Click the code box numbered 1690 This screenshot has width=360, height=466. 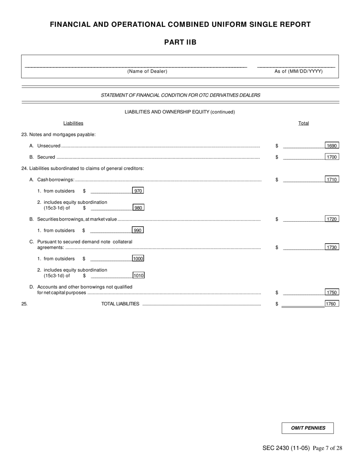coord(332,145)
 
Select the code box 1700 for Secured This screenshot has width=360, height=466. coord(332,157)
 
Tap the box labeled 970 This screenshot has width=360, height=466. coord(138,191)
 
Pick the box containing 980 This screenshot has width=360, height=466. coord(138,208)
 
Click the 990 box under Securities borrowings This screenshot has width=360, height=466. coord(138,230)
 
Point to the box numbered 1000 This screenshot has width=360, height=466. coord(138,258)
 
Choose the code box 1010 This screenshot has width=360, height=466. coord(138,275)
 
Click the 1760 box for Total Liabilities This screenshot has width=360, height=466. coord(332,303)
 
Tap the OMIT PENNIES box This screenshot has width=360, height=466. coord(308,428)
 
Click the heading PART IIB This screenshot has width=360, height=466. coord(180,42)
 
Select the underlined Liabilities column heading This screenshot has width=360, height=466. coord(73,123)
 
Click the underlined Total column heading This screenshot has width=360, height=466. coord(304,123)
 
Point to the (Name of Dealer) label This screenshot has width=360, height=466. coord(147,71)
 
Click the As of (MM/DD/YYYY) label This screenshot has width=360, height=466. coord(299,71)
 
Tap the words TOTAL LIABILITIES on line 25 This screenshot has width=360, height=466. coord(120,304)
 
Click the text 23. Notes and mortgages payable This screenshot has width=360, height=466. coord(59,134)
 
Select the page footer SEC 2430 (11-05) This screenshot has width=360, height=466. coord(286,448)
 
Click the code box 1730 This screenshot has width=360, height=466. coord(332,247)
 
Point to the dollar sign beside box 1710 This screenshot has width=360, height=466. coord(277,180)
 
